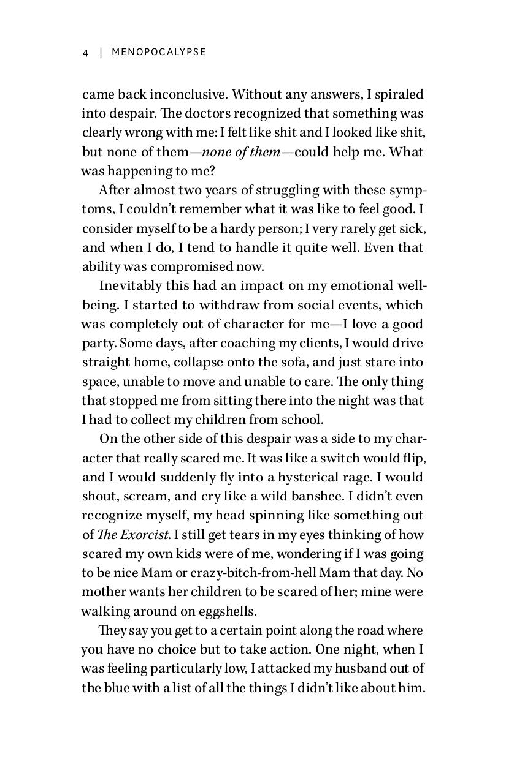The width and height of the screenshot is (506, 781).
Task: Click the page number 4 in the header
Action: pyautogui.click(x=86, y=53)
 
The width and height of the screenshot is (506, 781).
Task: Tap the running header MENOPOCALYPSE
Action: pyautogui.click(x=159, y=53)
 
